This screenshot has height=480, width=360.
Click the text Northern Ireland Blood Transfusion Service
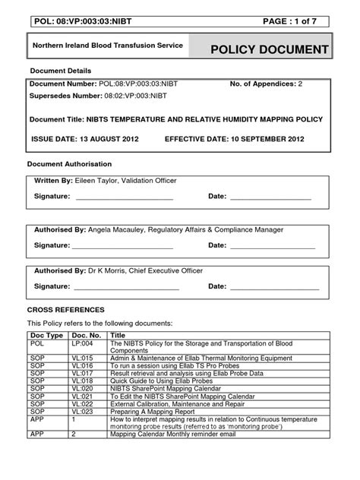point(107,46)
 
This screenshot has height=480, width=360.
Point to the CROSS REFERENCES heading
point(66,310)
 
